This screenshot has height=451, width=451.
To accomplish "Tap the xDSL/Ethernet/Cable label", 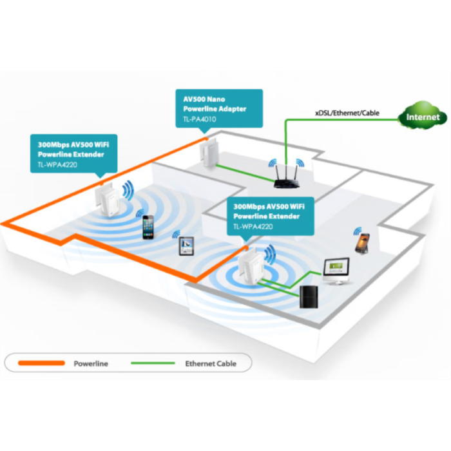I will pos(347,113).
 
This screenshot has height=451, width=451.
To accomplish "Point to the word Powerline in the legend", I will pos(91,364).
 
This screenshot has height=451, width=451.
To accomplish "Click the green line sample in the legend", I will pos(153,363).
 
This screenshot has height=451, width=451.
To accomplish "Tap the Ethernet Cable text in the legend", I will pos(211,364).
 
